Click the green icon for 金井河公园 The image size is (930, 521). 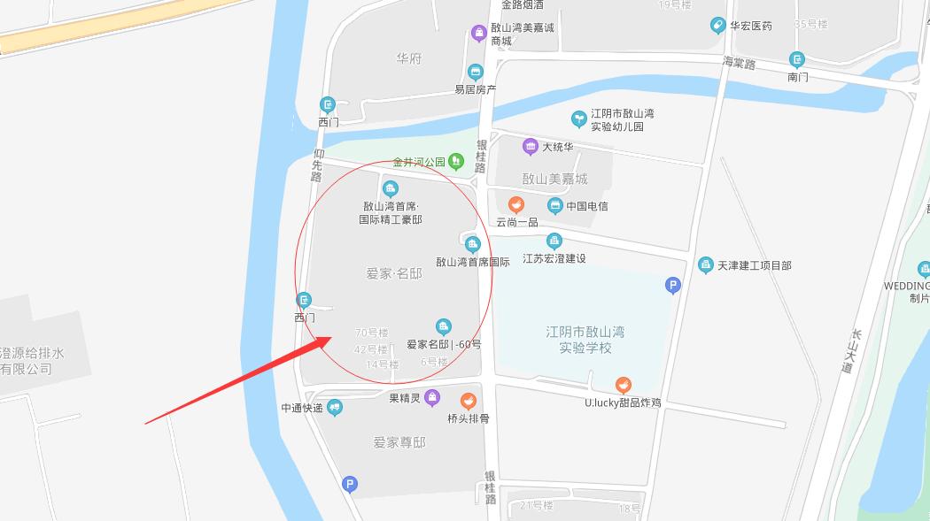tap(455, 161)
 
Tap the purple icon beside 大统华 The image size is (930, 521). tap(530, 147)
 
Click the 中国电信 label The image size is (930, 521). tap(587, 206)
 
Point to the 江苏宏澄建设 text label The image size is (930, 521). tap(554, 258)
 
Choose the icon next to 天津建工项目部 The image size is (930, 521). tap(705, 264)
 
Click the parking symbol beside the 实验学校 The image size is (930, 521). tap(673, 285)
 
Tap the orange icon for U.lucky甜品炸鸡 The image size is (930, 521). tap(624, 386)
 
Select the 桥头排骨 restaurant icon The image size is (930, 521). tap(468, 402)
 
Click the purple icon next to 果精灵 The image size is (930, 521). tap(431, 397)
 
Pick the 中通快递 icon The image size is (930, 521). tap(335, 408)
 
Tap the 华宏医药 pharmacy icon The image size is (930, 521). tap(717, 26)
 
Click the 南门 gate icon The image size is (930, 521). tap(797, 60)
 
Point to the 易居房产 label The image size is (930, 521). tap(475, 89)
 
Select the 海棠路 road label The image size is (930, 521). tap(739, 63)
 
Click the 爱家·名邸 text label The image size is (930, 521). tap(393, 274)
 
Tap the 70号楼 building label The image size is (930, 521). tap(371, 333)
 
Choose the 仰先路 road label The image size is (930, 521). tap(317, 165)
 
